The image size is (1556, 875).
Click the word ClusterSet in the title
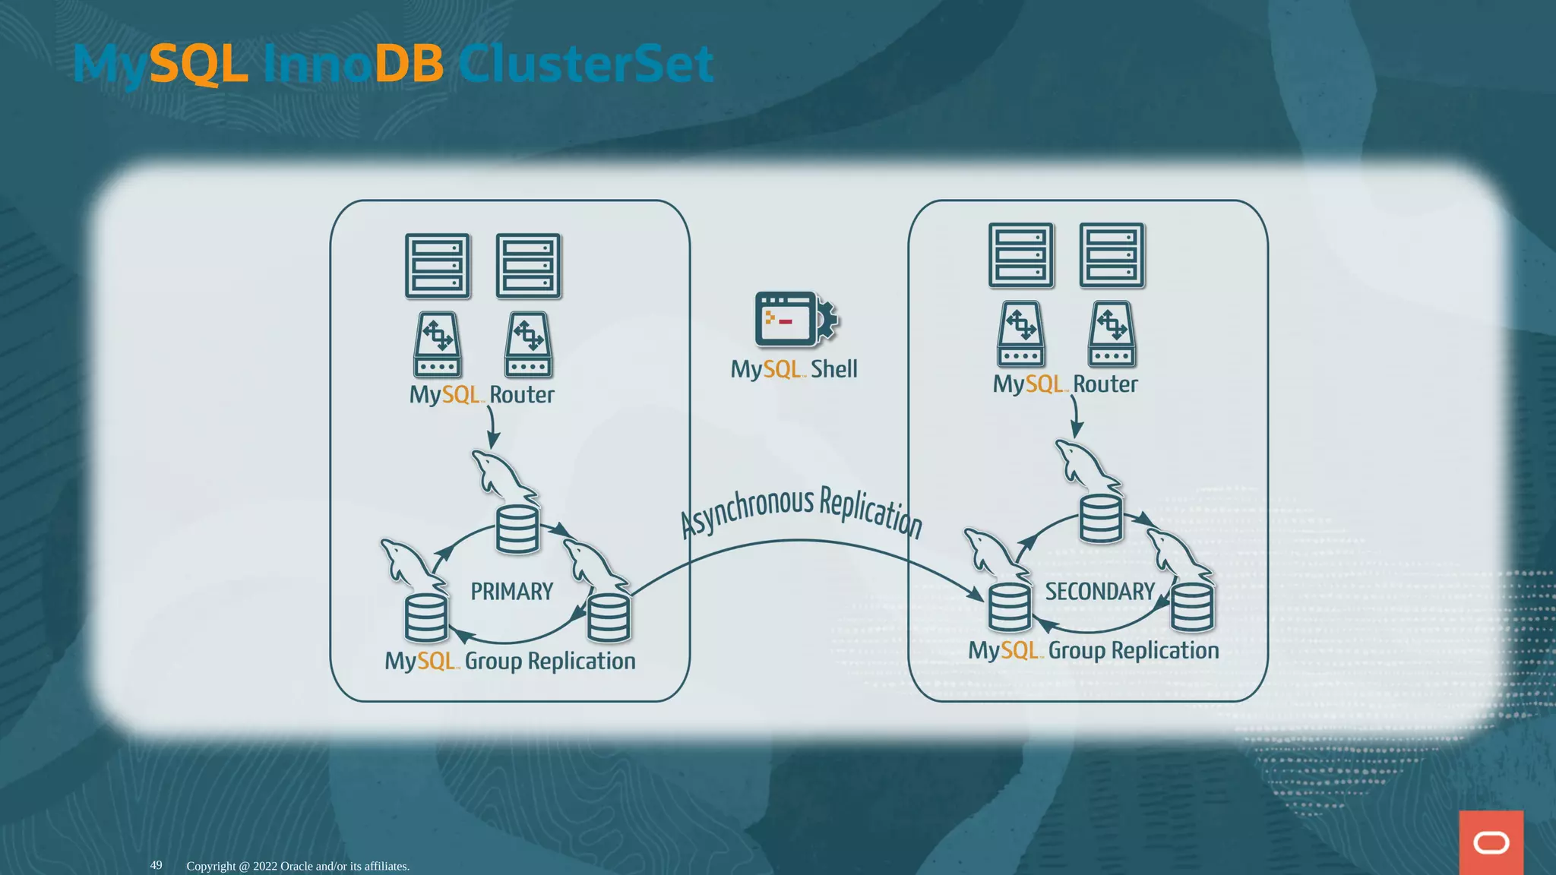585,63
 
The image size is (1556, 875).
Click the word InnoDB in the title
353,63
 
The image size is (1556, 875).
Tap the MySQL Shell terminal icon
790,319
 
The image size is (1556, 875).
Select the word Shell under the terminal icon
833,369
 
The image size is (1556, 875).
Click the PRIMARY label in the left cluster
511,592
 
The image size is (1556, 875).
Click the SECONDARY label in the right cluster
1099,592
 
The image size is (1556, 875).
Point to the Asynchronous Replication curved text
801,511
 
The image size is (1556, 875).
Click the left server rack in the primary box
438,266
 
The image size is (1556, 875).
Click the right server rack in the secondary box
1112,255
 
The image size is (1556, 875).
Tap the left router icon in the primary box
438,345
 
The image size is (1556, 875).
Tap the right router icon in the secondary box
1112,334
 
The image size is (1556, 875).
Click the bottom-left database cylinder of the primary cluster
425,618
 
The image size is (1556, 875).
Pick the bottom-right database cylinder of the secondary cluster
1192,608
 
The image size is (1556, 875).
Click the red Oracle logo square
1491,842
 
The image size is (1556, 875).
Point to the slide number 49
156,865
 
